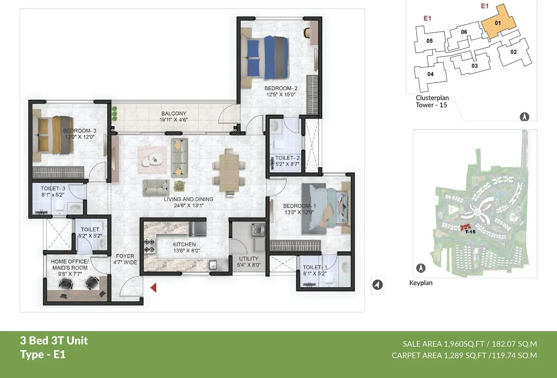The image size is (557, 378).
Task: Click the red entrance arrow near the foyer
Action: click(153, 287)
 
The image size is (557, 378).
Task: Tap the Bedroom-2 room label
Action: click(281, 88)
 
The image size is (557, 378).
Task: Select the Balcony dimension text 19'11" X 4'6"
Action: click(173, 120)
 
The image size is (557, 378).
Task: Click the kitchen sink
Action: click(214, 265)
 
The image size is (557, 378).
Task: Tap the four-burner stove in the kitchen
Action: click(149, 245)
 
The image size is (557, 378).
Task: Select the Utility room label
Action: click(248, 259)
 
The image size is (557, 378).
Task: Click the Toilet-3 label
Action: click(53, 189)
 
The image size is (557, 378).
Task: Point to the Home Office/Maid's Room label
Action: click(70, 264)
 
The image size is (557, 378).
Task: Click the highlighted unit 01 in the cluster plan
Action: click(498, 23)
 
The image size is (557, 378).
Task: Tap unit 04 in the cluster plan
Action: click(430, 74)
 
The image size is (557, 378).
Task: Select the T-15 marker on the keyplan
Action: click(470, 232)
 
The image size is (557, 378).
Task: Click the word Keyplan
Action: click(421, 283)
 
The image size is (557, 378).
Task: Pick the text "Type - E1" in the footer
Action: click(43, 355)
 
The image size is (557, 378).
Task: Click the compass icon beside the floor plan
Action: click(378, 285)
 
